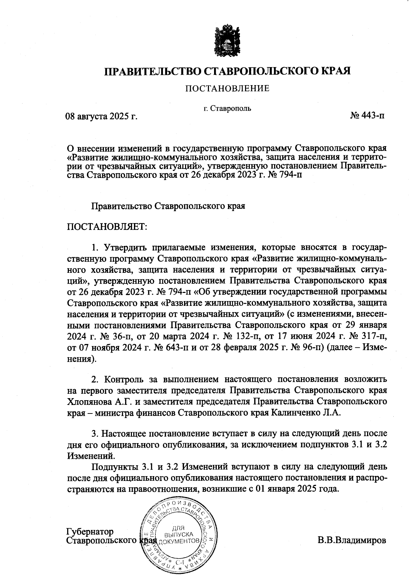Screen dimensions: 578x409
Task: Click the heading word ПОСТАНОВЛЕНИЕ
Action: (227, 89)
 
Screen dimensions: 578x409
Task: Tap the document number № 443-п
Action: (367, 116)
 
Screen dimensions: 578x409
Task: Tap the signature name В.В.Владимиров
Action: (352, 541)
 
